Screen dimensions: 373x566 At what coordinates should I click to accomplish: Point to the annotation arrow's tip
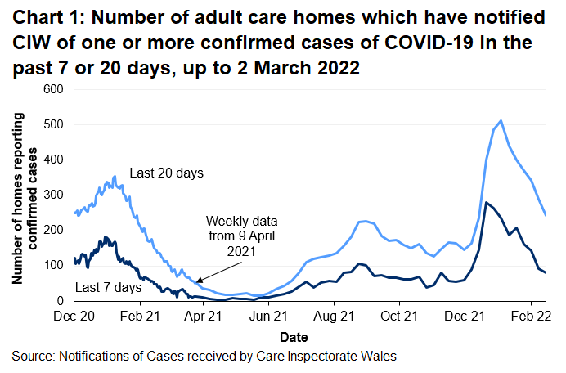[195, 282]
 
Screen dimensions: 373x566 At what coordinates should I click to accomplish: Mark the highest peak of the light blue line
[501, 121]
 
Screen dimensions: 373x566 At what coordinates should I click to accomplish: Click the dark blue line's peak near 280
[487, 202]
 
